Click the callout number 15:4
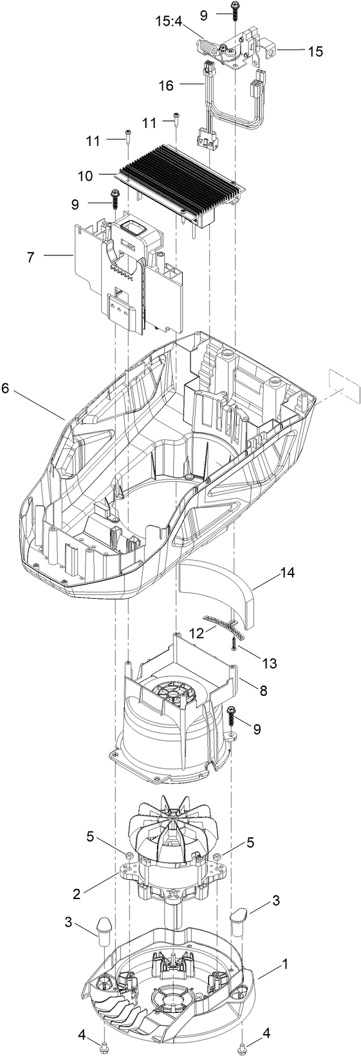[x=168, y=23]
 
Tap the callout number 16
[x=166, y=85]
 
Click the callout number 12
[x=194, y=632]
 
